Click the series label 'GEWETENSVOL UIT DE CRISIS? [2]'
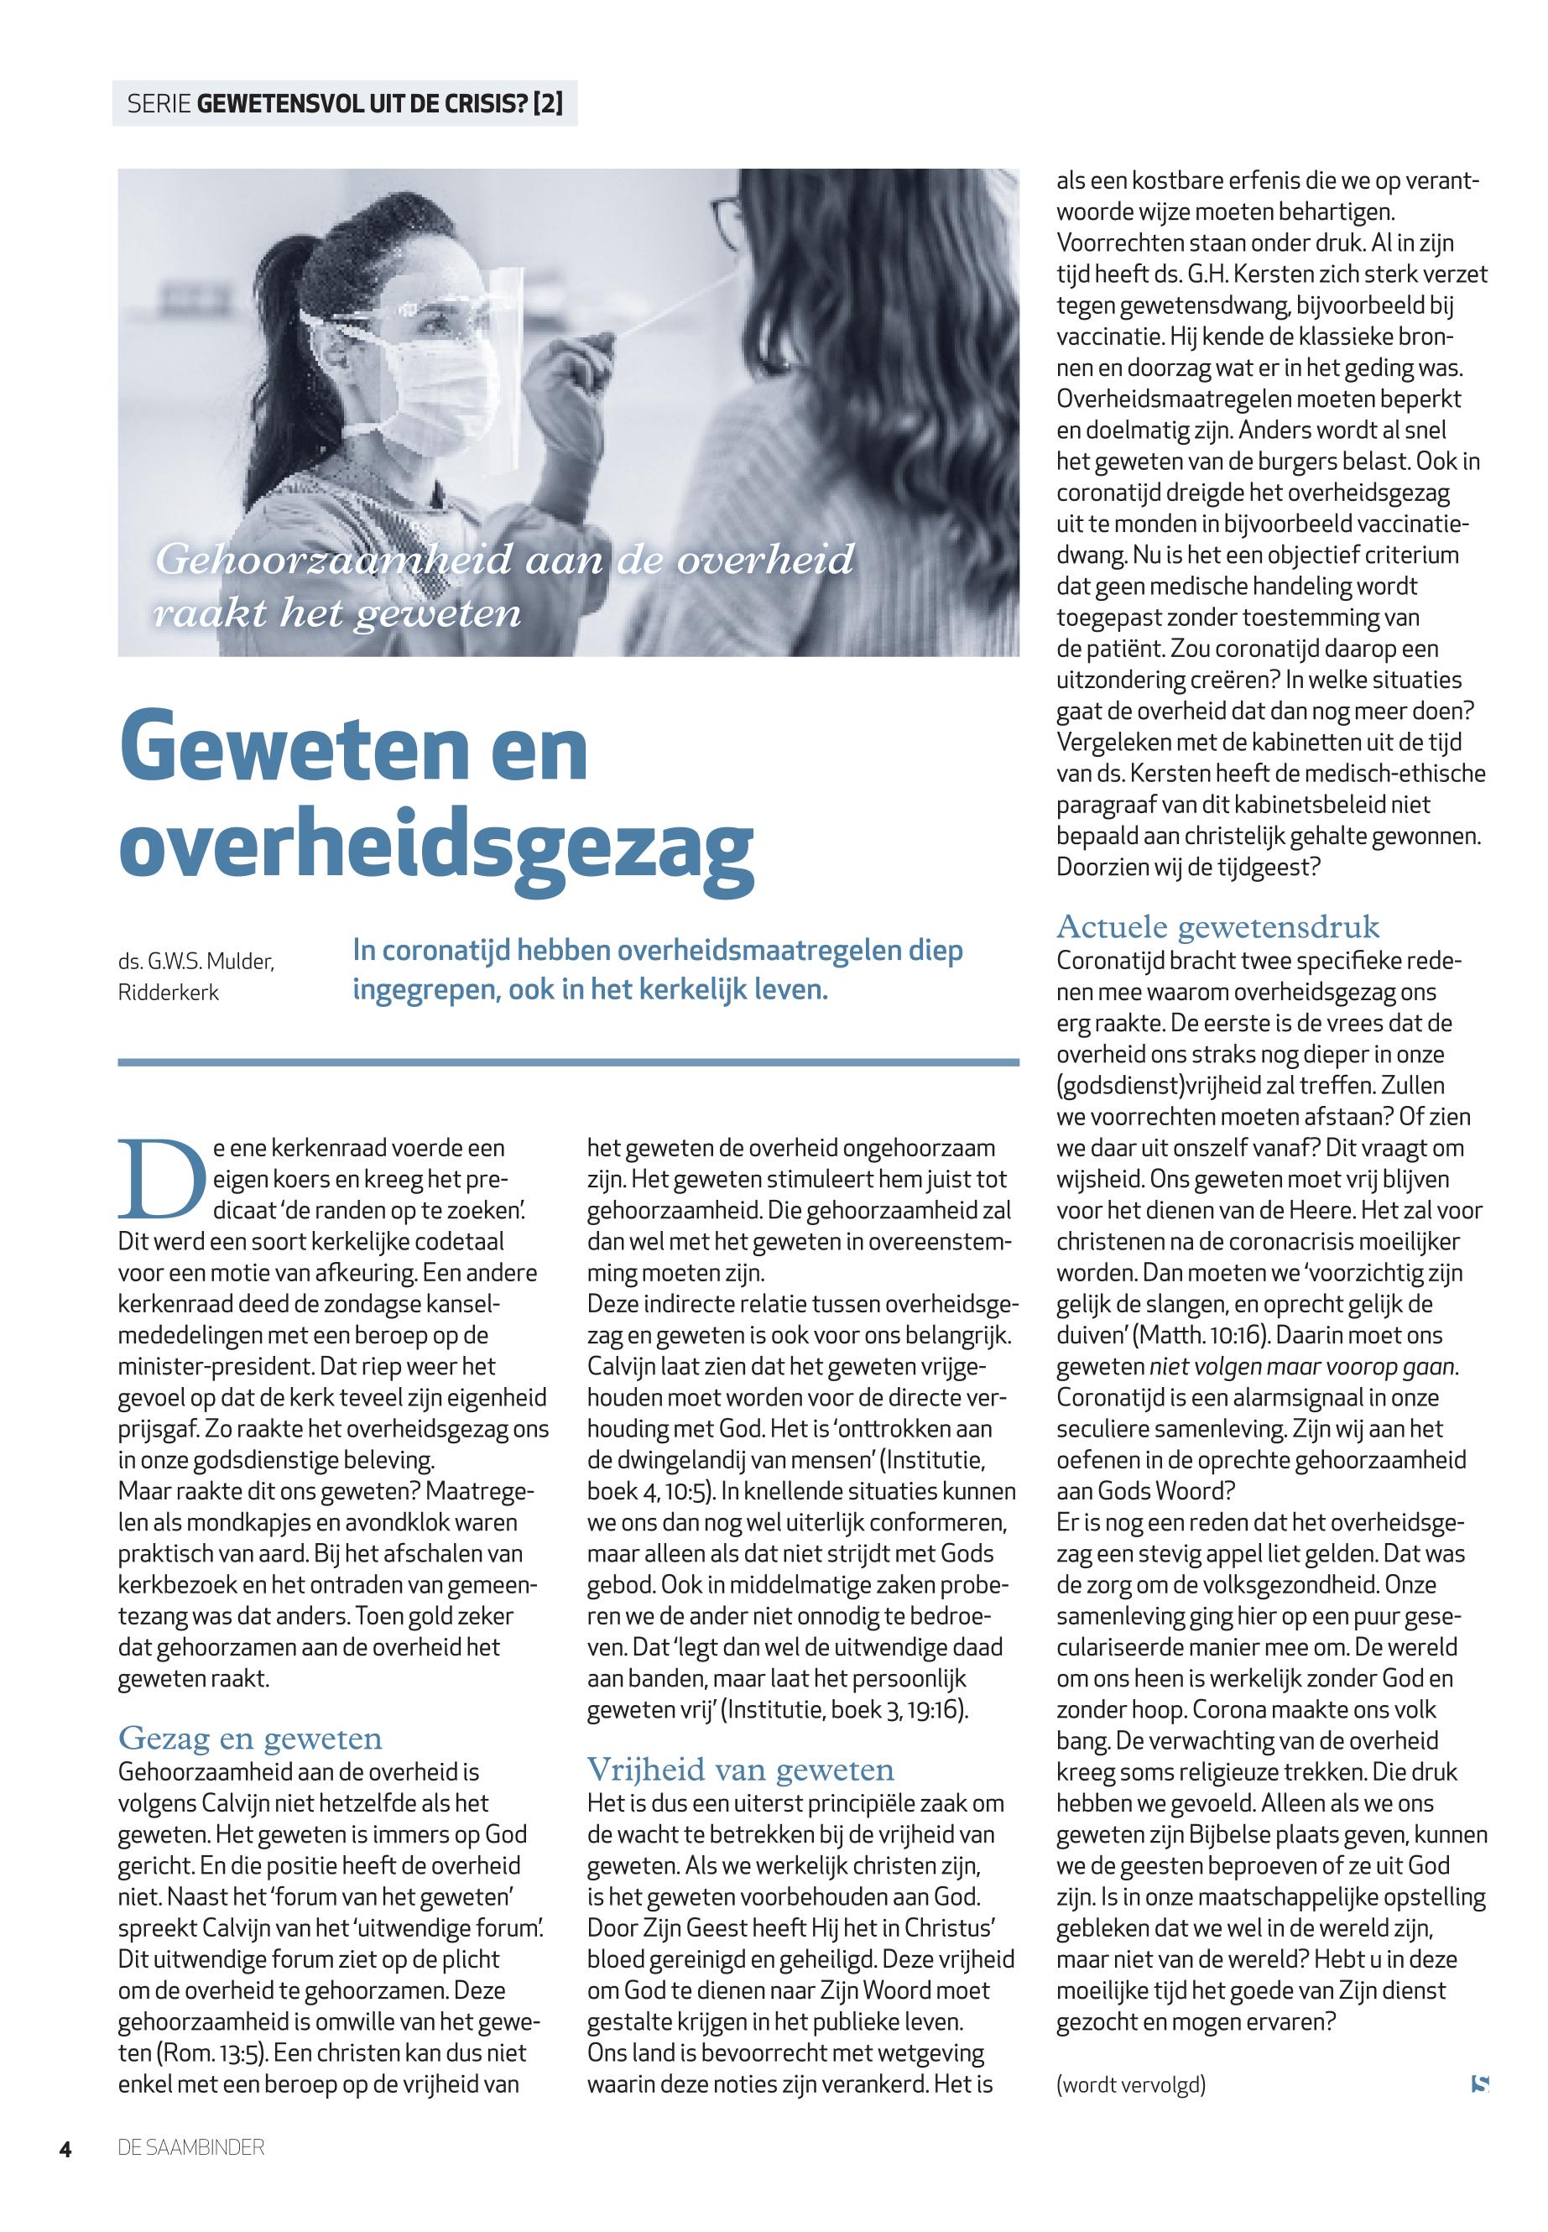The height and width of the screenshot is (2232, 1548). pos(379,104)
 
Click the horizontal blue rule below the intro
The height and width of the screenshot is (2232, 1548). pos(567,1062)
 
